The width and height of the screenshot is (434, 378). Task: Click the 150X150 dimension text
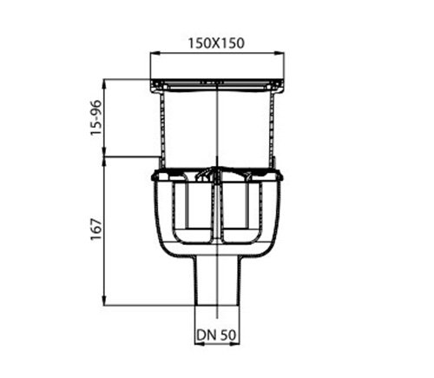tap(215, 40)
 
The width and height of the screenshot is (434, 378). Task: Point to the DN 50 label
tap(215, 333)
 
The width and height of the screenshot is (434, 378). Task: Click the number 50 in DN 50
tap(227, 333)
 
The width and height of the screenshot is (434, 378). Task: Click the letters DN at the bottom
tap(205, 333)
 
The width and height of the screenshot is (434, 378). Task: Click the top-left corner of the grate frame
tap(152, 81)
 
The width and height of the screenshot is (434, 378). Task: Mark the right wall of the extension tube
tap(273, 126)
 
